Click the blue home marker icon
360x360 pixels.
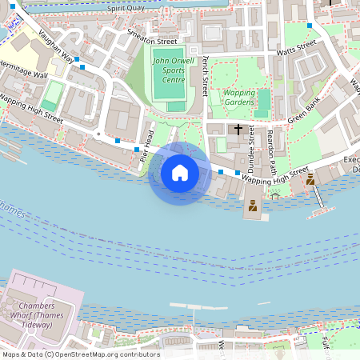(x=180, y=173)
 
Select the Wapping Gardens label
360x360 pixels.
(x=239, y=97)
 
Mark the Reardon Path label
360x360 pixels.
(x=271, y=147)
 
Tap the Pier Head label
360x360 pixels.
(x=147, y=146)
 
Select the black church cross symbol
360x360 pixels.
(x=238, y=129)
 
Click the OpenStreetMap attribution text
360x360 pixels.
(x=80, y=354)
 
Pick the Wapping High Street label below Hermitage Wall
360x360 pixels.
(x=32, y=109)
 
